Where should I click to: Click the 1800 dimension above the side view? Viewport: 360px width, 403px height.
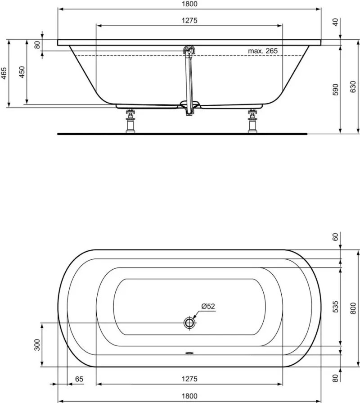[189, 4]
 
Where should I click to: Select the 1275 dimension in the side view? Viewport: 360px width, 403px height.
[189, 21]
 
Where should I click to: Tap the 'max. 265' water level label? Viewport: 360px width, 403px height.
[263, 51]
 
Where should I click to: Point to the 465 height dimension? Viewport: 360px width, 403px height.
[4, 73]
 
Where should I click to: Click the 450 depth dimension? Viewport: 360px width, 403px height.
[22, 72]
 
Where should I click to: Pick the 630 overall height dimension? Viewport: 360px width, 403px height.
[353, 86]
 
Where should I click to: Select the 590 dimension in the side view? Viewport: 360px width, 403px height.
[336, 90]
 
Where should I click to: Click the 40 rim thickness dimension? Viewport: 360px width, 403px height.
[336, 22]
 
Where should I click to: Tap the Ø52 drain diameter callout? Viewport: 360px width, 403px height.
[208, 306]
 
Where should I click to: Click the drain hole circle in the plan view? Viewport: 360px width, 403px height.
[189, 322]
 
